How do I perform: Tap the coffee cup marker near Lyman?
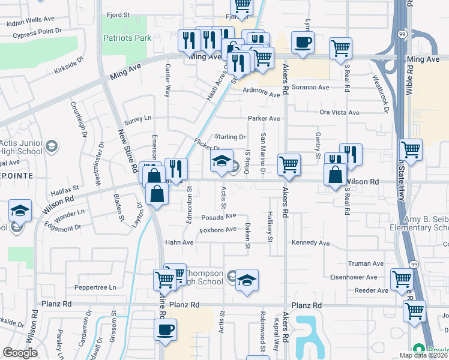(303, 43)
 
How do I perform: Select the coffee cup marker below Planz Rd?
(166, 329)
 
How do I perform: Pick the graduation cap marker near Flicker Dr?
(221, 161)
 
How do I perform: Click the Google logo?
(20, 353)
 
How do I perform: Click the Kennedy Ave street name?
(310, 244)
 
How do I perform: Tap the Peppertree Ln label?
(96, 287)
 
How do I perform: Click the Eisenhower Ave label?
(353, 277)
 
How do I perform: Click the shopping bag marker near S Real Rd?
(335, 175)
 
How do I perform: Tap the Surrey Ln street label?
(138, 118)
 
